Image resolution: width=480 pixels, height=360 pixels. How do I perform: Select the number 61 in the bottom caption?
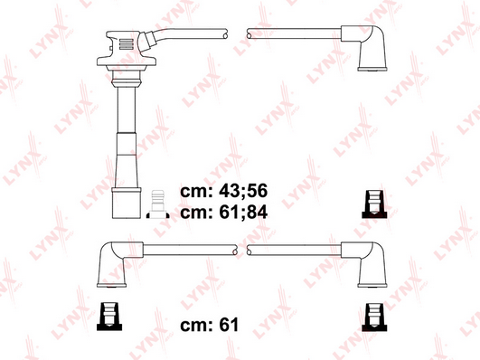(x=229, y=325)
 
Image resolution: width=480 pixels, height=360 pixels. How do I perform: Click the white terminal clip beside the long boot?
(x=157, y=204)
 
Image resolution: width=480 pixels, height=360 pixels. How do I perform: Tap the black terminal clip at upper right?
(x=374, y=204)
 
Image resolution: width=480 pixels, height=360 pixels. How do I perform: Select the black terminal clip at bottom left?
(x=109, y=317)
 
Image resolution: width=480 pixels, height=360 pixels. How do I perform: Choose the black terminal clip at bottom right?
(x=374, y=317)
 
